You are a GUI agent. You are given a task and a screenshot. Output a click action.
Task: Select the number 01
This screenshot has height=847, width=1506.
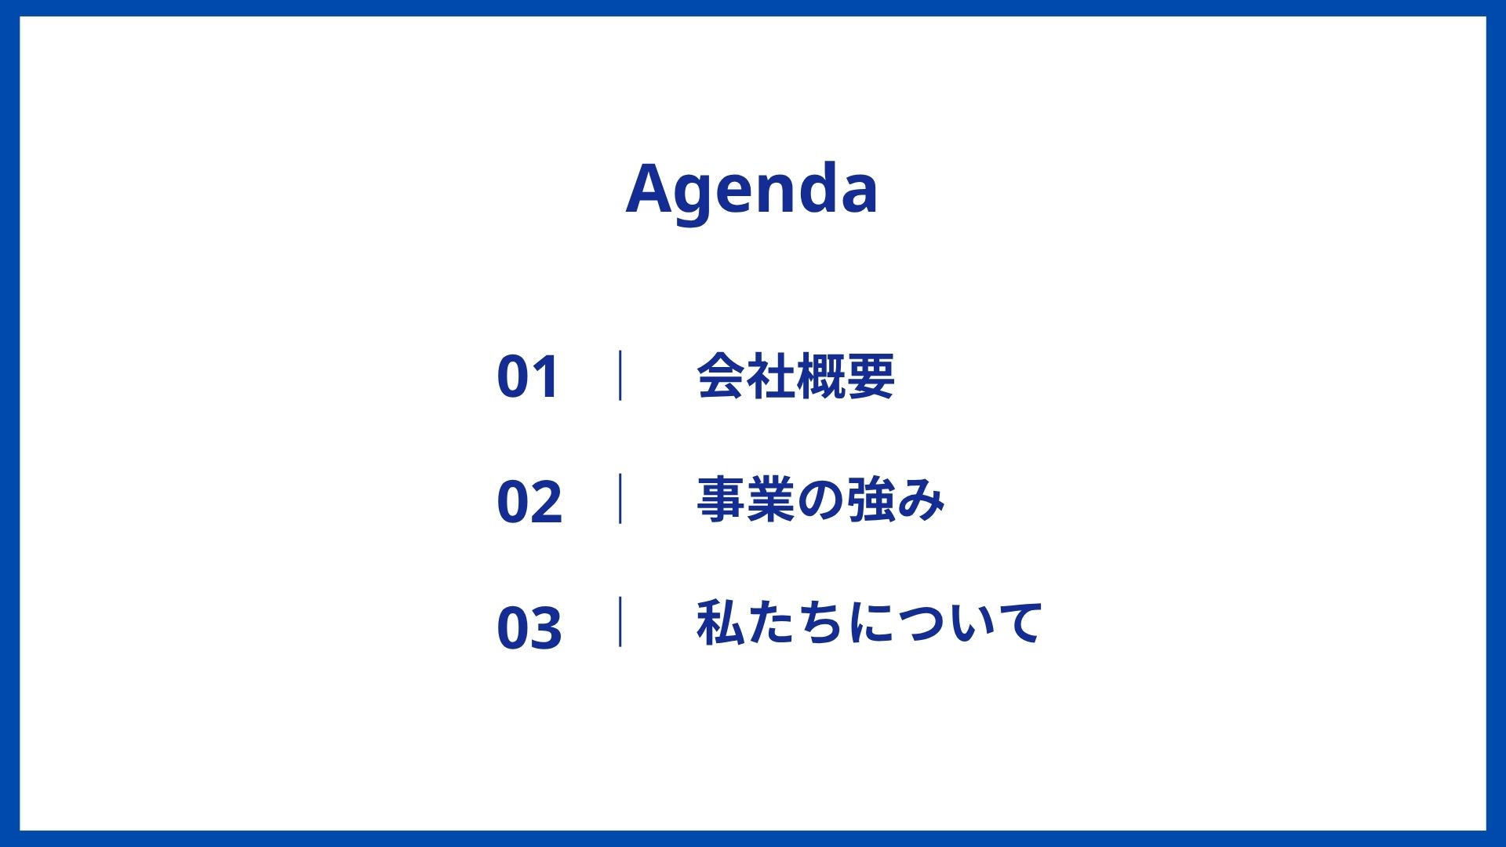[528, 376]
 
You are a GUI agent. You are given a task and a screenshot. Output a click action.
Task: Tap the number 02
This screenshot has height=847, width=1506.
[529, 502]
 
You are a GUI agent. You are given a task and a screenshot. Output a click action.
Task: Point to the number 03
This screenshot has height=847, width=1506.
[529, 627]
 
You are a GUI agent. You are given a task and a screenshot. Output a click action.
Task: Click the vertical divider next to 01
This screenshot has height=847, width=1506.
[620, 376]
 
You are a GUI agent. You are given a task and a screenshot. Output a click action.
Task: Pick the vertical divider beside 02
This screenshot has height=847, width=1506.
[620, 499]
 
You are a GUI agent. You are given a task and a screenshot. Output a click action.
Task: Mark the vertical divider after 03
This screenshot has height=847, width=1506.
[620, 622]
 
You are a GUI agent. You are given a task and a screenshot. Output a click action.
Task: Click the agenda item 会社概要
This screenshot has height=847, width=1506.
[795, 376]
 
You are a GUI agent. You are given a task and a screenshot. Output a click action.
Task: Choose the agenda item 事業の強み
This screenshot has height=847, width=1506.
[820, 500]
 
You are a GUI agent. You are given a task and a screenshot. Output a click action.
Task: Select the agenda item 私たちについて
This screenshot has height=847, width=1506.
[869, 623]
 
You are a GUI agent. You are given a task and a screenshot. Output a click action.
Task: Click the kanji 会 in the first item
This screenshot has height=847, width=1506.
[721, 376]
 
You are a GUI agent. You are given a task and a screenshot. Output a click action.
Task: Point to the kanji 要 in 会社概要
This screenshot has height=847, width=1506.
[870, 376]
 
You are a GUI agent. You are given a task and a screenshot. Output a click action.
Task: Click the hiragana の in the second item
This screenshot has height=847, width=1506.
[820, 500]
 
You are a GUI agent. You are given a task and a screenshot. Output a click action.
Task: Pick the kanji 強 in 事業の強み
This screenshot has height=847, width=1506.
[870, 500]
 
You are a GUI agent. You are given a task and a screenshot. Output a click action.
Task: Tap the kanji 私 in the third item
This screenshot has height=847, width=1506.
[721, 623]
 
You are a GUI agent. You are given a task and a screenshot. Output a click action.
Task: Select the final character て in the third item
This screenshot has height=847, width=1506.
[1017, 623]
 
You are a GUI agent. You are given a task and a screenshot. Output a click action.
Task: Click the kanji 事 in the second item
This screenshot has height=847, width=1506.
[721, 500]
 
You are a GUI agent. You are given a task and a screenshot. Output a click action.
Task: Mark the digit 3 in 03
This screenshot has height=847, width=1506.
[546, 627]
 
